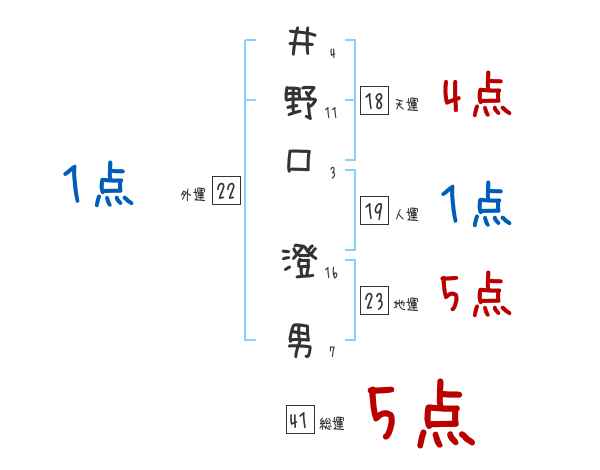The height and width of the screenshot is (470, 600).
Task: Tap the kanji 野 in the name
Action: [300, 102]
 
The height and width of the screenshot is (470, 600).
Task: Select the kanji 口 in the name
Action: [300, 160]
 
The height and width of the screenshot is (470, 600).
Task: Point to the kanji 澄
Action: [300, 263]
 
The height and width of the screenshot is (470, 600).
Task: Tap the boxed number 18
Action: [375, 101]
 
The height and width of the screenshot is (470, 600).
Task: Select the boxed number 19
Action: [375, 211]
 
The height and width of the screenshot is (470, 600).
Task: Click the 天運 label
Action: [406, 104]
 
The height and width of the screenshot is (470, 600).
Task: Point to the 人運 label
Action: [406, 214]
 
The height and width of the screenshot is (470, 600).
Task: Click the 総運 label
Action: [332, 424]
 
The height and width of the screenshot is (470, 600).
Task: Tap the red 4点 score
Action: [476, 97]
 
